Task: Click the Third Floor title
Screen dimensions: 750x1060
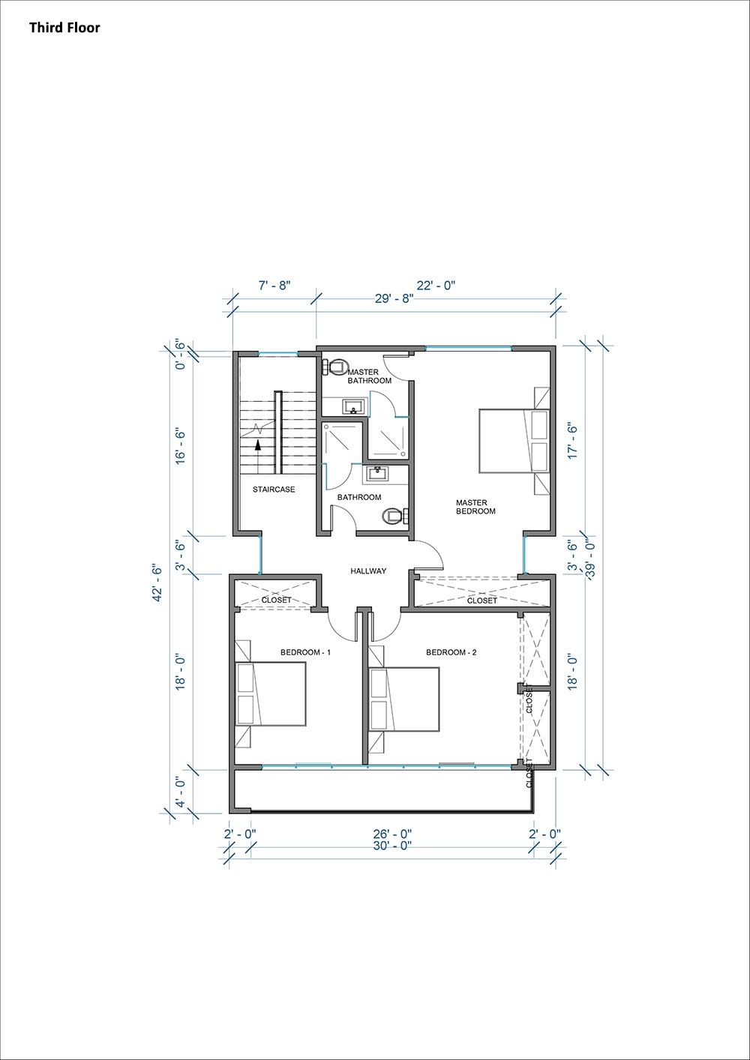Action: (x=64, y=28)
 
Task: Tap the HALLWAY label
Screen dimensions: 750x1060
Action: (x=368, y=571)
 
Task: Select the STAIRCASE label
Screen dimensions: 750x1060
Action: (x=274, y=490)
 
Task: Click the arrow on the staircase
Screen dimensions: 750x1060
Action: (x=258, y=457)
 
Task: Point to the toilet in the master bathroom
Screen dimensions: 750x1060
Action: (x=334, y=367)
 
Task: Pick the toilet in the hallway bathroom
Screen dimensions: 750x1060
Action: (x=396, y=515)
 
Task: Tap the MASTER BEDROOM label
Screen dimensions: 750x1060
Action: (x=475, y=507)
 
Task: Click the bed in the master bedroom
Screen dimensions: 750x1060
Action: (x=514, y=441)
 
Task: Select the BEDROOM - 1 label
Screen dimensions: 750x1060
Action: (x=305, y=652)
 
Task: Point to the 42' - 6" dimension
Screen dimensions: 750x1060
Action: (x=157, y=582)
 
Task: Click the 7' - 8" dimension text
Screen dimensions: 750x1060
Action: (x=274, y=286)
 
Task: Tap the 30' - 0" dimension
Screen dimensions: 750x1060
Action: (x=392, y=846)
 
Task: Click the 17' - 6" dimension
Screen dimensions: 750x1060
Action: (x=573, y=440)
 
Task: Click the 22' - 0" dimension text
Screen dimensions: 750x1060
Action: (x=436, y=286)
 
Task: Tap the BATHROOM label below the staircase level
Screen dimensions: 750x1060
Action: (x=359, y=497)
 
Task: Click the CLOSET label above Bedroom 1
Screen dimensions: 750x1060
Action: (x=277, y=600)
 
